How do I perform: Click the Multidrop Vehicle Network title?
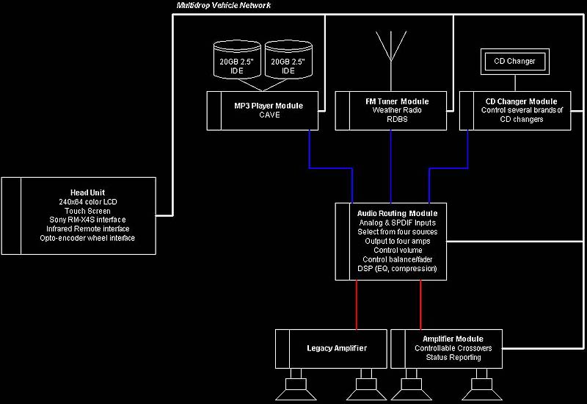224,6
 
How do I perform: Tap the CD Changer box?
514,62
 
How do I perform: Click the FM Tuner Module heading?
396,101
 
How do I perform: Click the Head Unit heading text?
87,192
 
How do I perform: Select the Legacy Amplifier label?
337,348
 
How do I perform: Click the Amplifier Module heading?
447,339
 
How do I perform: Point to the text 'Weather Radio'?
396,110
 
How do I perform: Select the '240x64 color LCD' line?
88,201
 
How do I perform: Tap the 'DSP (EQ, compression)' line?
398,269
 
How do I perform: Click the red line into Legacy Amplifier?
357,305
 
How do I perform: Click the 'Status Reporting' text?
453,358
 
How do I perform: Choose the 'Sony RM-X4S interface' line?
88,220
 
